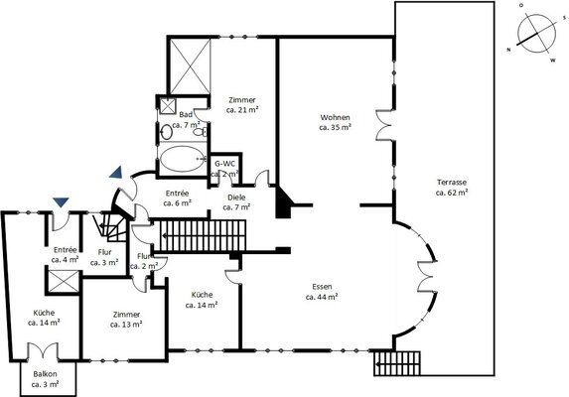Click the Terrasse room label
click(452, 183)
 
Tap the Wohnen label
click(335, 117)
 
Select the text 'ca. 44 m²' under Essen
click(322, 297)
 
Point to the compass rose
click(536, 34)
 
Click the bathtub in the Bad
click(183, 159)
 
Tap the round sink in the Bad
click(166, 132)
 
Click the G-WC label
click(224, 164)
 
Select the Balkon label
click(45, 374)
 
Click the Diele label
click(236, 198)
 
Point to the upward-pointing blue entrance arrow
click(116, 173)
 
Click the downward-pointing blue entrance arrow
click(61, 202)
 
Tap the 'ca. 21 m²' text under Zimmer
click(242, 110)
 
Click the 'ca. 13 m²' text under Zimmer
click(126, 325)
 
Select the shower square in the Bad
click(168, 106)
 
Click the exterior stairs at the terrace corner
click(397, 363)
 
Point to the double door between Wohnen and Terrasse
click(384, 125)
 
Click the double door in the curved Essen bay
click(427, 276)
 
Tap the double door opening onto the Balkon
click(43, 351)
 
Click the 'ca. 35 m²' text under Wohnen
click(335, 127)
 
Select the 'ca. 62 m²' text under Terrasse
click(452, 193)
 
